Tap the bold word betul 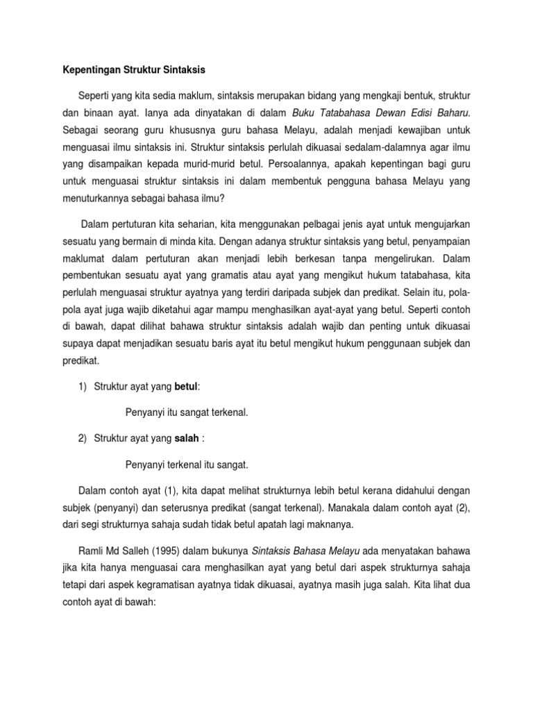tap(185, 386)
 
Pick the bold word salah tap(186, 437)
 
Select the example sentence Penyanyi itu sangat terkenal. tap(186, 412)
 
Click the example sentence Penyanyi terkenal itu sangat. tap(186, 463)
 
